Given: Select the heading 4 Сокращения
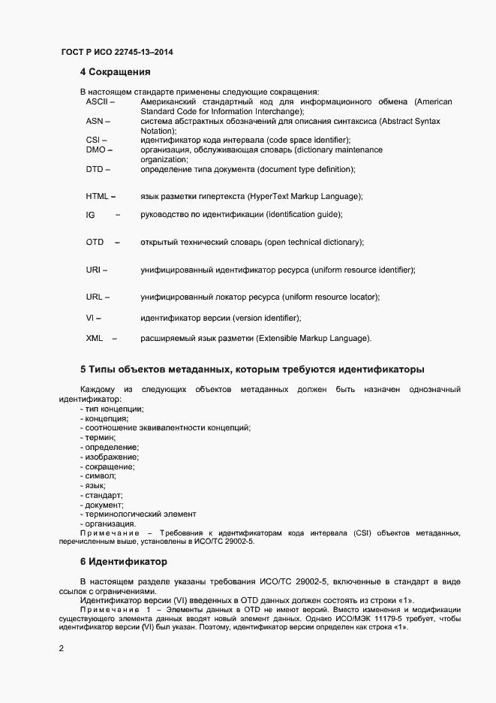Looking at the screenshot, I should click(116, 73).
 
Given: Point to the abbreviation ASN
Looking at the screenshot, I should click(94, 121).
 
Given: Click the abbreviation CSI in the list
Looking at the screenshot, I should click(93, 140).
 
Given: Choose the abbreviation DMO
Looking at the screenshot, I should click(95, 150).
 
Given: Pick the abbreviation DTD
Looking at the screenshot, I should click(94, 170).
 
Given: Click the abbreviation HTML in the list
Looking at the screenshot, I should click(97, 197).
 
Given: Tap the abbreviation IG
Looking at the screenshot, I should click(90, 216).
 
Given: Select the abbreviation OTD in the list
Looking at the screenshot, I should click(95, 243).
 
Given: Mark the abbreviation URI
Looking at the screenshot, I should click(93, 270).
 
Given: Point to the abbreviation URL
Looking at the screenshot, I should click(94, 297).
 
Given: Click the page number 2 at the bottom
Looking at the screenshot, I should click(62, 647).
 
